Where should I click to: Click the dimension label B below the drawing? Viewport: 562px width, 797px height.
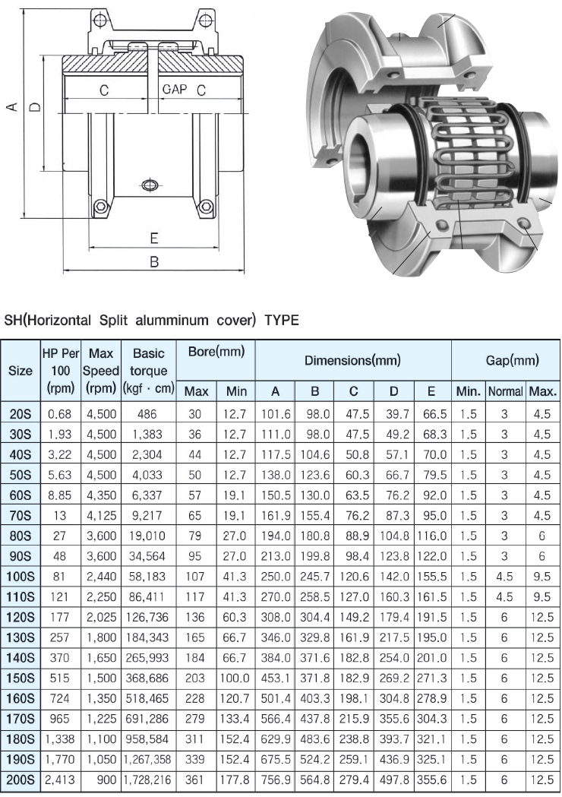[153, 262]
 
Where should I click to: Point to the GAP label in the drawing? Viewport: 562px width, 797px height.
[174, 90]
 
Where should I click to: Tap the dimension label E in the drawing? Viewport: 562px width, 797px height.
[153, 239]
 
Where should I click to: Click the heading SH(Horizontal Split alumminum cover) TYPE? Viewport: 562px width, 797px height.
[151, 320]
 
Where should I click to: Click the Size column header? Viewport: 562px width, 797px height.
[20, 371]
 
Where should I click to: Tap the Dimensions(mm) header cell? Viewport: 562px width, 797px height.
[352, 360]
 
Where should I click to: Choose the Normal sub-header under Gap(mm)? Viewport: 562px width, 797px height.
[505, 391]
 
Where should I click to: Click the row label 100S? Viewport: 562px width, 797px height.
[21, 576]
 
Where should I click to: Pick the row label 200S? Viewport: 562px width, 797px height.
[21, 779]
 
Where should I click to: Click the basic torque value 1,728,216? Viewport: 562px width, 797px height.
[148, 779]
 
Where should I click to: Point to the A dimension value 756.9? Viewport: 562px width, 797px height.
[276, 779]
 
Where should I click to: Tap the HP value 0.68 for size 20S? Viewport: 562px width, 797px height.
[59, 413]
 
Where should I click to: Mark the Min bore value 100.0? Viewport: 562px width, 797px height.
[235, 677]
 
